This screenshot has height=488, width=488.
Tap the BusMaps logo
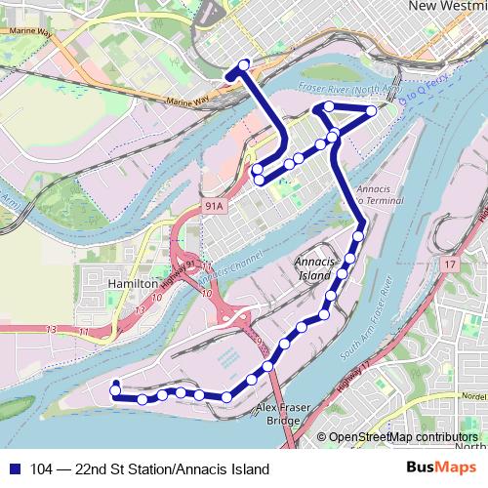pyautogui.click(x=435, y=468)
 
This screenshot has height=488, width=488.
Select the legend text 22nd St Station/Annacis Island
pyautogui.click(x=166, y=468)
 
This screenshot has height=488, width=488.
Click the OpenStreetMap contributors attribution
pyautogui.click(x=403, y=438)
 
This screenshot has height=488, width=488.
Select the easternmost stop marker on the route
pyautogui.click(x=372, y=112)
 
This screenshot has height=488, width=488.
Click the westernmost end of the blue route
pyautogui.click(x=114, y=385)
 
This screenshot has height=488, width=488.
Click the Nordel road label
pyautogui.click(x=472, y=397)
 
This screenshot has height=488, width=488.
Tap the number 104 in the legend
pyautogui.click(x=42, y=468)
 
